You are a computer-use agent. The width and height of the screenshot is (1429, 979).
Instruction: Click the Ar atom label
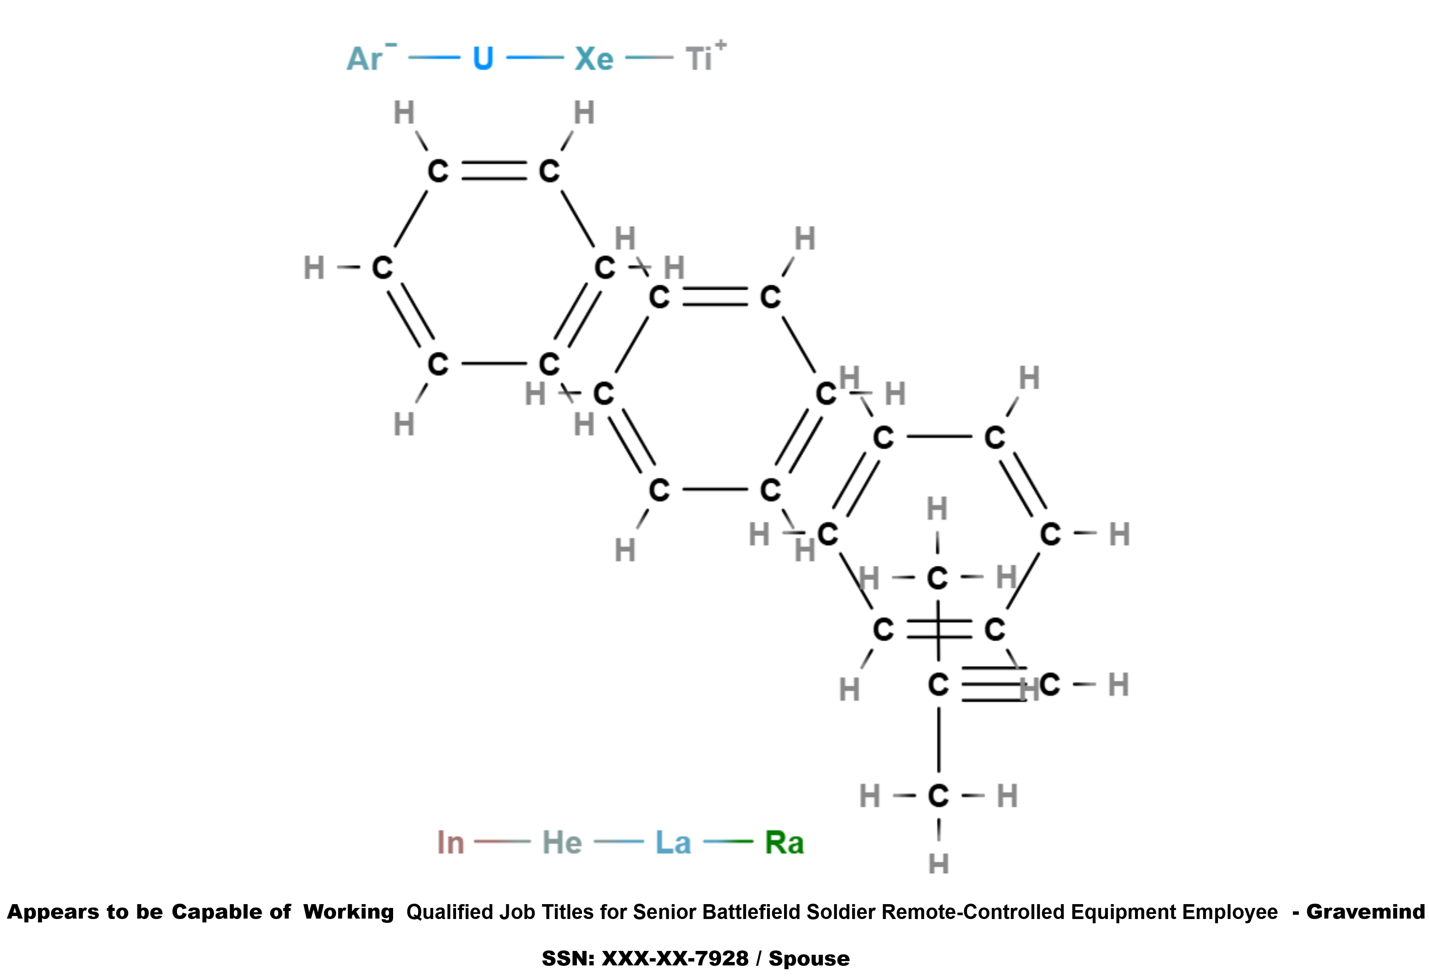pos(365,59)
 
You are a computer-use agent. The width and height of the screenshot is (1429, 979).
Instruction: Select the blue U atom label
pos(483,59)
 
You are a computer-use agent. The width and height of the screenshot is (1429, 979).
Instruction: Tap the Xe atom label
pos(594,59)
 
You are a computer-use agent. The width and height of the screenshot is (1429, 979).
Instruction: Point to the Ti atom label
pos(699,59)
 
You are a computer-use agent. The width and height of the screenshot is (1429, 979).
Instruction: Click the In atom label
pos(450,843)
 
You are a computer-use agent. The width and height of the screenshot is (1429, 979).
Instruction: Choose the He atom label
pos(562,843)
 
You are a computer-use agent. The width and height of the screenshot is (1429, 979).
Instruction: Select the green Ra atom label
pos(784,843)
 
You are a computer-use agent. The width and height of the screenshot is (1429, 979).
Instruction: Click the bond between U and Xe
pos(535,58)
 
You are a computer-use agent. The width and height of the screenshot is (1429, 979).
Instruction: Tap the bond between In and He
pos(502,841)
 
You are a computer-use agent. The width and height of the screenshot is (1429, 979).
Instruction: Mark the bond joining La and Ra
pos(728,841)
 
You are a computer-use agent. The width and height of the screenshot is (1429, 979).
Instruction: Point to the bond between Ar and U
pos(434,58)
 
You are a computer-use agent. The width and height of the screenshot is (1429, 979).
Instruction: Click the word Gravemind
pos(1365,912)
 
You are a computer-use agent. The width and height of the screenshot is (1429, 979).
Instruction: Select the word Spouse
pos(809,959)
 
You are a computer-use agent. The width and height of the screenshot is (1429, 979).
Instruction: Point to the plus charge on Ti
pos(721,45)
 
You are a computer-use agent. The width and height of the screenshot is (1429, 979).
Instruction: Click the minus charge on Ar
pos(391,44)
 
